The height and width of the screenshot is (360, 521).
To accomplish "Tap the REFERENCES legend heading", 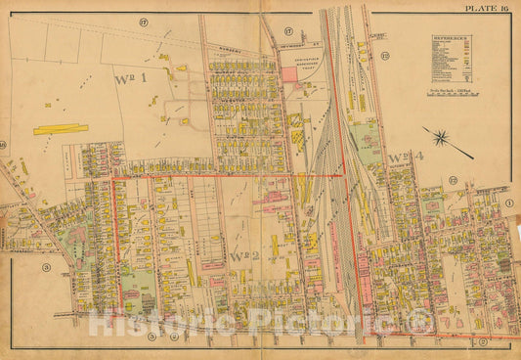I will (x=451, y=38).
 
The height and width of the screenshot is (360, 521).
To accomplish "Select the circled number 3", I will (x=46, y=265).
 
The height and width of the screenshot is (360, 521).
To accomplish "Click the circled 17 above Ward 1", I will (x=142, y=21).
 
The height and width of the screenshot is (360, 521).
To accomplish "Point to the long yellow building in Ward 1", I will (x=61, y=128).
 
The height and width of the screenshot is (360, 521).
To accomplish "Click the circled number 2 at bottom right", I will (x=483, y=340).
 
